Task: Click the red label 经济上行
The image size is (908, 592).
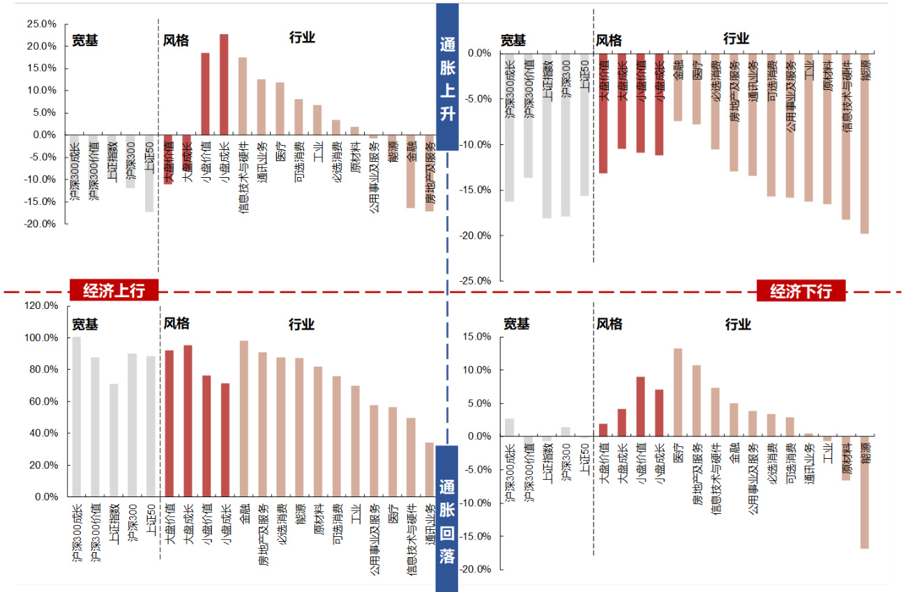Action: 114,291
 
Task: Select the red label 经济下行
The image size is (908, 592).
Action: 801,291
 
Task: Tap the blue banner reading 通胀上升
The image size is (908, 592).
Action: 447,77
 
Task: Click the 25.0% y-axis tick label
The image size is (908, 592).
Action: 41,24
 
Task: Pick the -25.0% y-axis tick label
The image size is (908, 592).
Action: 476,281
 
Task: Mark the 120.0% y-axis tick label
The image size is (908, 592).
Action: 41,305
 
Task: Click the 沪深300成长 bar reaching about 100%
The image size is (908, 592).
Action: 77,417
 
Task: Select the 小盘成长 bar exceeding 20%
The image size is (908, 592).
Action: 224,84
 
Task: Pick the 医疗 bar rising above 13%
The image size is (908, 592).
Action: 678,392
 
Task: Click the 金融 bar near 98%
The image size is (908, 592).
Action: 243,418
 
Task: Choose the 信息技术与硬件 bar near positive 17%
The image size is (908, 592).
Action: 243,96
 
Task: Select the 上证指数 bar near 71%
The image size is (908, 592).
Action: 114,440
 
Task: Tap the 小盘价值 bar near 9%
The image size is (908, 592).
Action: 640,407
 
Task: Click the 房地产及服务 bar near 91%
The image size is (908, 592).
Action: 262,424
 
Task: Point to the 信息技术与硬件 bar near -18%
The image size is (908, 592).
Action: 846,137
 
